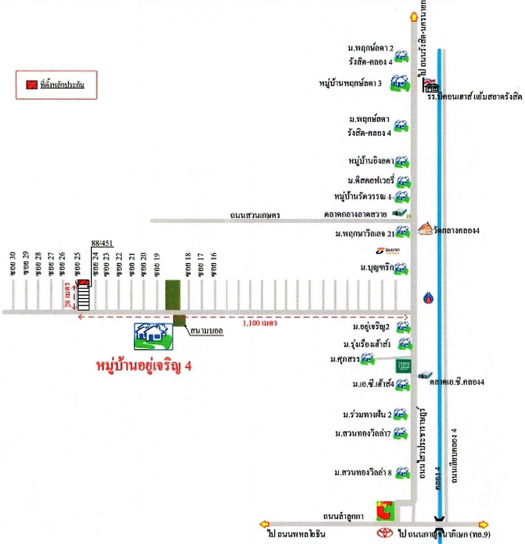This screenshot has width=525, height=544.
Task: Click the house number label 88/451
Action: tap(102, 243)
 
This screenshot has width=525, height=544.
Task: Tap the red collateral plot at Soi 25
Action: tap(83, 282)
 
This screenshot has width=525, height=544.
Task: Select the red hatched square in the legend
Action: tap(32, 85)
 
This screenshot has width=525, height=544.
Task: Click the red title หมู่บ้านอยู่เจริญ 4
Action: tap(144, 366)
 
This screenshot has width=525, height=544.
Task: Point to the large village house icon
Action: tap(153, 336)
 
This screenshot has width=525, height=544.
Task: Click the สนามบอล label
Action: tap(206, 331)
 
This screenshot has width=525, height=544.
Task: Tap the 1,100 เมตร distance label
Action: tap(260, 323)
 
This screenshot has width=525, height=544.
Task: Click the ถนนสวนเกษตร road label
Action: tap(255, 215)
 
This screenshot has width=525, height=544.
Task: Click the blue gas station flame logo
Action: tap(428, 298)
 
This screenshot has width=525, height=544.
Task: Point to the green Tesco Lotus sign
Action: tap(403, 366)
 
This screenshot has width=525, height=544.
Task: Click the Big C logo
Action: tap(385, 511)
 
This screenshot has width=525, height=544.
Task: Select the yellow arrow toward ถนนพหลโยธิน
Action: tap(264, 524)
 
